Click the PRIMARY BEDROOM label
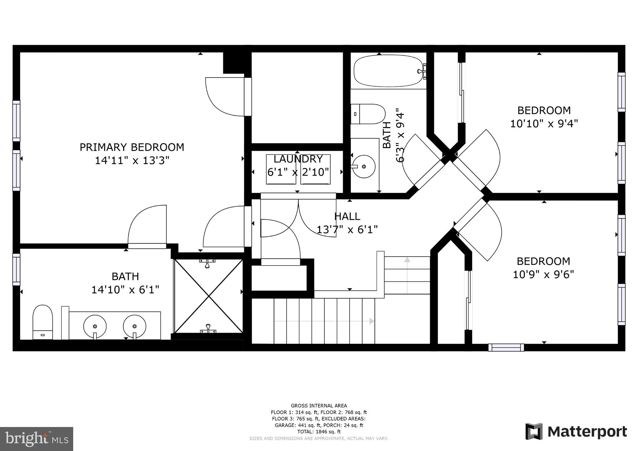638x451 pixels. point(132,147)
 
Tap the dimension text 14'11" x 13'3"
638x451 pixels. point(132,161)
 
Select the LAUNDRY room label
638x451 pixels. point(298,159)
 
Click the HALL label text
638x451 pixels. point(347,216)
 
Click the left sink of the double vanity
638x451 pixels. point(95,326)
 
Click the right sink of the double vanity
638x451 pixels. point(135,326)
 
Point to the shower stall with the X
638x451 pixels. point(208,296)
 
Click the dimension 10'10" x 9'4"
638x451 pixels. point(544,124)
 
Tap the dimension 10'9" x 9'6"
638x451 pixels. point(543,275)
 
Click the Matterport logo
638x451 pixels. point(576,432)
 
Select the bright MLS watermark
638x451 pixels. point(36,439)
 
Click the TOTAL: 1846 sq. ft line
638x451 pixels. point(319,432)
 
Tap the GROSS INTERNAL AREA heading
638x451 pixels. point(319,406)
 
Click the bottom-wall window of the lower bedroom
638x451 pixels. point(506,347)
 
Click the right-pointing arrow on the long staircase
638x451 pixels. point(371,321)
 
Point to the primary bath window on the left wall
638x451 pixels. point(16,269)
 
